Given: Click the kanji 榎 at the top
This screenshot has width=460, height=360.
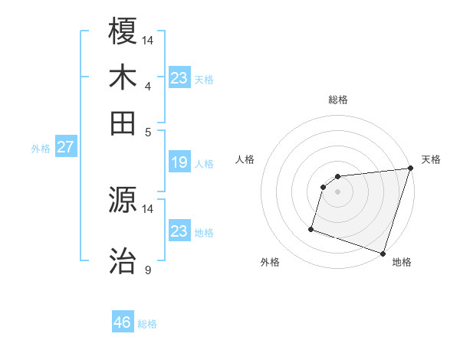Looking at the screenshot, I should click(123, 31).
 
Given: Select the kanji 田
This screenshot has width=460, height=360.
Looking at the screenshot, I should click(123, 123).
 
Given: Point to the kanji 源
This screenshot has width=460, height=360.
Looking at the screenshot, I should click(123, 200).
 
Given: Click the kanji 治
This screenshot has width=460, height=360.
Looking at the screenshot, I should click(123, 260).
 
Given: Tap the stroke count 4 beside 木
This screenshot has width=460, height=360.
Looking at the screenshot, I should click(148, 86).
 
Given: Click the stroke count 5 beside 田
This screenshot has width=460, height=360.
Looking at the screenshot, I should click(148, 131).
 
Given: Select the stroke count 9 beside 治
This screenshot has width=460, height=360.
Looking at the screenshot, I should click(148, 270).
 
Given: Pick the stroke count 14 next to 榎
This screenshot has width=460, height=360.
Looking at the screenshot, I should click(148, 40).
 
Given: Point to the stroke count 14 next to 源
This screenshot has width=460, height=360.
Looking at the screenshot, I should click(148, 208).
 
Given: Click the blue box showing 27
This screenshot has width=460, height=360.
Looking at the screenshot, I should click(65, 147).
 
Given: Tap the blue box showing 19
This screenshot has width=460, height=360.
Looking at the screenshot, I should click(179, 162).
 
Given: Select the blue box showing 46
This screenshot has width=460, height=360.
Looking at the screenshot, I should click(123, 322).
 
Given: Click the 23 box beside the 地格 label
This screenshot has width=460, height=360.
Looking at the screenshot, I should click(179, 231).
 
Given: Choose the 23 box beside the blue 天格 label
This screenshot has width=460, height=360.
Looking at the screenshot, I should click(179, 78).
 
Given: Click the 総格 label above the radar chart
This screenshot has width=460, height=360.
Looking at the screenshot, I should click(338, 100).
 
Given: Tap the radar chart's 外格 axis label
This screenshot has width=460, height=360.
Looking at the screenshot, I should click(270, 263).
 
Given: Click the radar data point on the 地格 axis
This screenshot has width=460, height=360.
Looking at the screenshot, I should click(383, 253).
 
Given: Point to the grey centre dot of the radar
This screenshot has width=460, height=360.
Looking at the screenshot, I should click(338, 191).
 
